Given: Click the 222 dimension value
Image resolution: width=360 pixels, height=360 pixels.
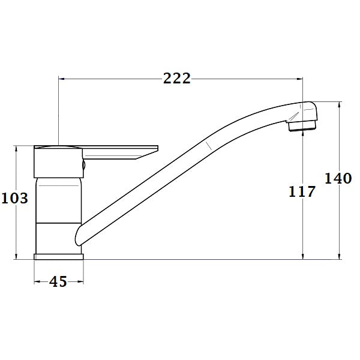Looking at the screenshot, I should [177, 79].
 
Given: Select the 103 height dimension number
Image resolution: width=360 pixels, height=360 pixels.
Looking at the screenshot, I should [15, 197].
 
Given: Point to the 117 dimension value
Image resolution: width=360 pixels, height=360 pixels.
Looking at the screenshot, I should [302, 192].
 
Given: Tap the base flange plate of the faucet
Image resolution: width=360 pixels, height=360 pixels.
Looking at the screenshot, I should [58, 256].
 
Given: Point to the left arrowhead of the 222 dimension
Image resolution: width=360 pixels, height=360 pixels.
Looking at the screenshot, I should [61, 79].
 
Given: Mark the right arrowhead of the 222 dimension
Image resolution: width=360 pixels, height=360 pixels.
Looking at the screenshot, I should [301, 79].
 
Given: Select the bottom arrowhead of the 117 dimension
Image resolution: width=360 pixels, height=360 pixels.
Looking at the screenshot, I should [303, 257].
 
